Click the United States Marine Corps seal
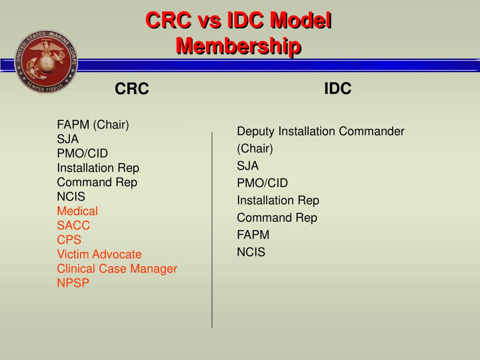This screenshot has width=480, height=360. click(46, 60)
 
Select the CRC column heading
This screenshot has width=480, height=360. click(132, 88)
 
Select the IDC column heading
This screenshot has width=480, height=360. click(337, 88)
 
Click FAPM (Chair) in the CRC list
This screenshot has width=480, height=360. click(93, 125)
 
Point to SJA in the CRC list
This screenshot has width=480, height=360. click(68, 139)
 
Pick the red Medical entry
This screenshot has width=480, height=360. click(77, 211)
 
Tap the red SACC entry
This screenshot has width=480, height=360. click(73, 225)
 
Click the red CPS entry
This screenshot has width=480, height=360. click(69, 240)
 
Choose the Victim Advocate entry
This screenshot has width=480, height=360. click(99, 255)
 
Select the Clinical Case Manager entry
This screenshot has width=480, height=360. click(117, 269)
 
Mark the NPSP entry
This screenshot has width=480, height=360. click(73, 283)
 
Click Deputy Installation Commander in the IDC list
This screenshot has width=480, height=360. click(320, 131)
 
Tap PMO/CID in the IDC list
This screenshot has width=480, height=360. click(262, 183)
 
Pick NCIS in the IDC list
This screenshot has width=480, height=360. click(251, 252)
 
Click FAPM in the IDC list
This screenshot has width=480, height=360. click(253, 235)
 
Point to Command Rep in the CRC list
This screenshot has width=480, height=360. click(97, 182)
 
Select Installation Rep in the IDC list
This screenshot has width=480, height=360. click(277, 201)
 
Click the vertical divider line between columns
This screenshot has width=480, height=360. click(212, 230)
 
